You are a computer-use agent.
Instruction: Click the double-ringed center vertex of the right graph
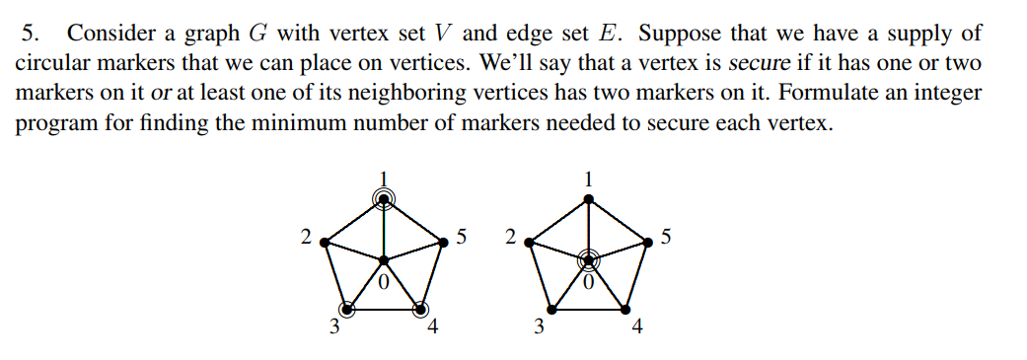[588, 260]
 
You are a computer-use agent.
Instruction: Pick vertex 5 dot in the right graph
[648, 240]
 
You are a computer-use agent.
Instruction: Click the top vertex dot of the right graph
[589, 199]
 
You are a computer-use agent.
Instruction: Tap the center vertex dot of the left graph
[385, 260]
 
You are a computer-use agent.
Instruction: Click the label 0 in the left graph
[385, 283]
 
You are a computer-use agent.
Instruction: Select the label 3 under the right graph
[538, 328]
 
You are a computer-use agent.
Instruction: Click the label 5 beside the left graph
[463, 237]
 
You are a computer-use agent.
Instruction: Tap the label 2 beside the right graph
[509, 237]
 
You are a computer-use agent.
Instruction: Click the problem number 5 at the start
[30, 34]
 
